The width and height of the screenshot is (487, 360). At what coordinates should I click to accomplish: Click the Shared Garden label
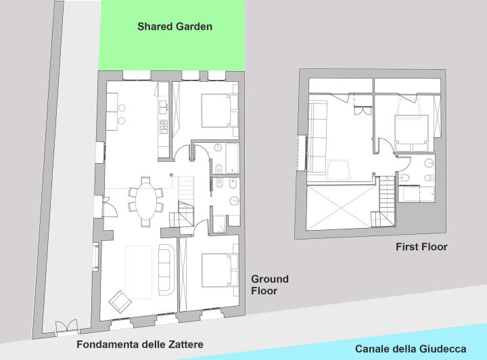coord(175,26)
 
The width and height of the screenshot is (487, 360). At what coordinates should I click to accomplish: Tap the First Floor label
coord(421,247)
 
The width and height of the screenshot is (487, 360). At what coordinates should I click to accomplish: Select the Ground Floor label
coord(270,285)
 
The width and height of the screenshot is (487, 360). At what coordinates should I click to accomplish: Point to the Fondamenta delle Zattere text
coord(140,344)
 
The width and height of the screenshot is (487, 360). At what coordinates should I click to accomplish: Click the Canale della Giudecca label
coord(411,348)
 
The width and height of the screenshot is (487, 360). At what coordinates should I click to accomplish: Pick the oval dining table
coord(146,201)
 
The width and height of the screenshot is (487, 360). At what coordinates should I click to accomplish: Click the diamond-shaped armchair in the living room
coord(120,302)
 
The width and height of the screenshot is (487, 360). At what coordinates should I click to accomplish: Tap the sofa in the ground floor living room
coord(167,269)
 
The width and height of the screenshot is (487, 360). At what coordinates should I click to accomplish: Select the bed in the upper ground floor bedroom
coord(219,110)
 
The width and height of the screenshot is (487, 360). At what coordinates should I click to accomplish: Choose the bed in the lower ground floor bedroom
coord(220,270)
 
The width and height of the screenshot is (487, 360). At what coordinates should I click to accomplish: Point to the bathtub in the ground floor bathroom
coord(232,158)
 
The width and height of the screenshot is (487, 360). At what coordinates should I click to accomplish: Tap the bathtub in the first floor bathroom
coord(416,194)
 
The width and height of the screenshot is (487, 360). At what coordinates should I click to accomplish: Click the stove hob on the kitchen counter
coord(164,127)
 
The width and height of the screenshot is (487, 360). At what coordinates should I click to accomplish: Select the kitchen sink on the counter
coord(164,106)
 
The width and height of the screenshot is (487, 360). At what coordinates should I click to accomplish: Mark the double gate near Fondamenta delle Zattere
coord(66,326)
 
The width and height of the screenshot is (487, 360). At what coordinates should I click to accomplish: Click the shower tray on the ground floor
coord(220,223)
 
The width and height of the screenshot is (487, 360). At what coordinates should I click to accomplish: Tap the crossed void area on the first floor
coord(341,208)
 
